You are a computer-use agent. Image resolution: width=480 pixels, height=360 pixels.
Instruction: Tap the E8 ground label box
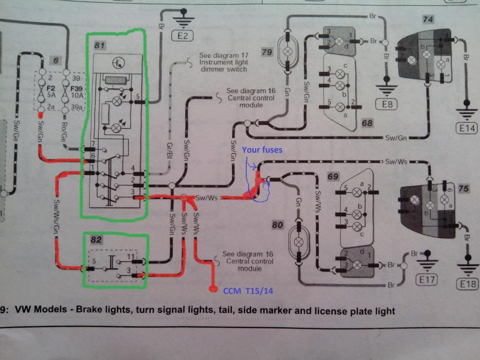tap(387, 104)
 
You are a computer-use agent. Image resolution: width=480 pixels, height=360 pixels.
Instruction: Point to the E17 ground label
tap(427, 280)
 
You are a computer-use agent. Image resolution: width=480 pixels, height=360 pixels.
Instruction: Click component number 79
tap(267, 52)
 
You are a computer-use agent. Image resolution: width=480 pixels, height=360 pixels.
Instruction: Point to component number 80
tap(277, 225)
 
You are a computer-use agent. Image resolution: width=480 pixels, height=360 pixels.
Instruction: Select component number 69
tap(333, 177)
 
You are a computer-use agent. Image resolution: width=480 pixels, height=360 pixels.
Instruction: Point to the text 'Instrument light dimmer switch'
tap(223, 66)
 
